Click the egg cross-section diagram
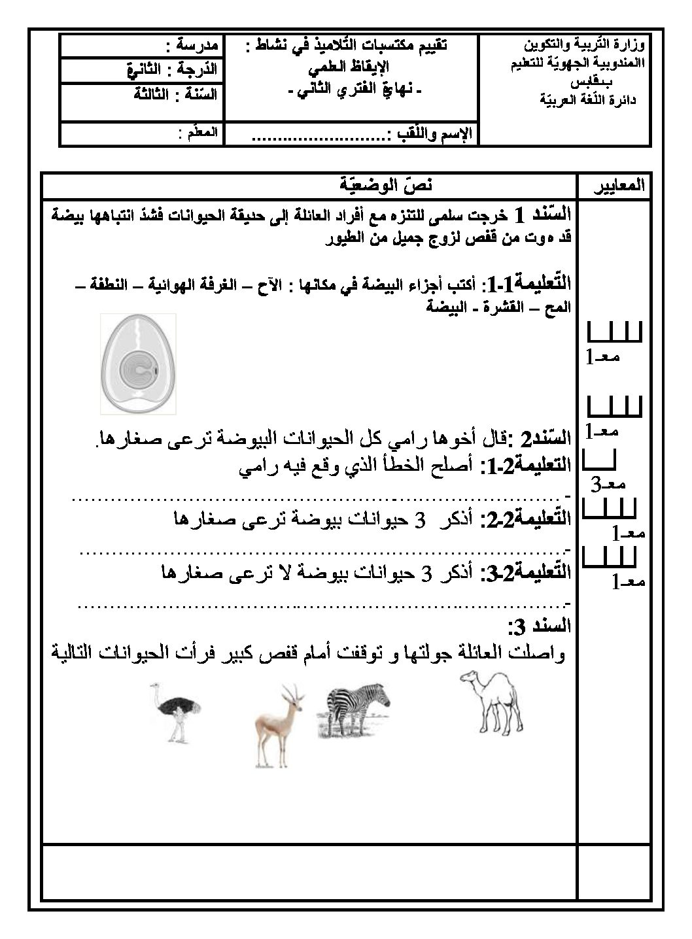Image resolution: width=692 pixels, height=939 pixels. [x=133, y=363]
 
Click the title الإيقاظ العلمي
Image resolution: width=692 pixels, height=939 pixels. [x=347, y=66]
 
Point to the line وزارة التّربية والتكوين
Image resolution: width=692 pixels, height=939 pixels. [x=585, y=45]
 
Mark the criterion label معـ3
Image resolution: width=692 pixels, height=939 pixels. [x=608, y=484]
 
